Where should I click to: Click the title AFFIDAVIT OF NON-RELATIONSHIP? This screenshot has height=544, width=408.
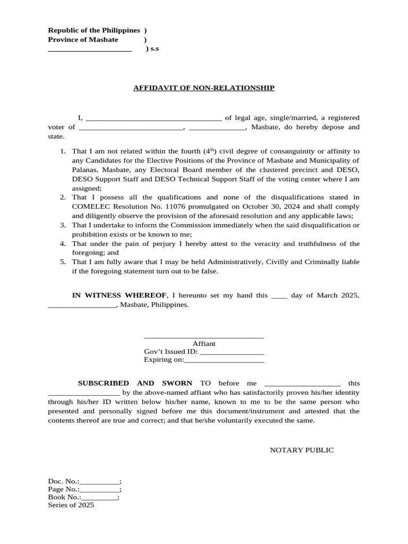coord(203,88)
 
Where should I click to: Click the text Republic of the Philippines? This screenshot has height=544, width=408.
coord(94,30)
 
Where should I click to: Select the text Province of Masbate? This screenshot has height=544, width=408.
coord(83,39)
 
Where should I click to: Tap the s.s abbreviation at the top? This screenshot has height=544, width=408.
coord(154,49)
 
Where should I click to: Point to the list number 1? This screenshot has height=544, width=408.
coord(63,151)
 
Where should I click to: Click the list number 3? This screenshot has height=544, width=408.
coord(63,225)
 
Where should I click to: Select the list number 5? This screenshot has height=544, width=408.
coord(63,262)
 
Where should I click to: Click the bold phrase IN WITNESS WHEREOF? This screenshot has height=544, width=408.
coord(120,295)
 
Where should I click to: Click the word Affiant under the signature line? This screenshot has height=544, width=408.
coord(204,344)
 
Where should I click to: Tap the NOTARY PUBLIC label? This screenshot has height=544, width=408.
coord(302,450)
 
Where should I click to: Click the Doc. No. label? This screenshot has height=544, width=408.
coord(63,481)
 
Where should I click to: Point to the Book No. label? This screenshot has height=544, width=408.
coord(64,497)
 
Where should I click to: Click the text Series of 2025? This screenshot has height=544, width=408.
coord(71,505)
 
